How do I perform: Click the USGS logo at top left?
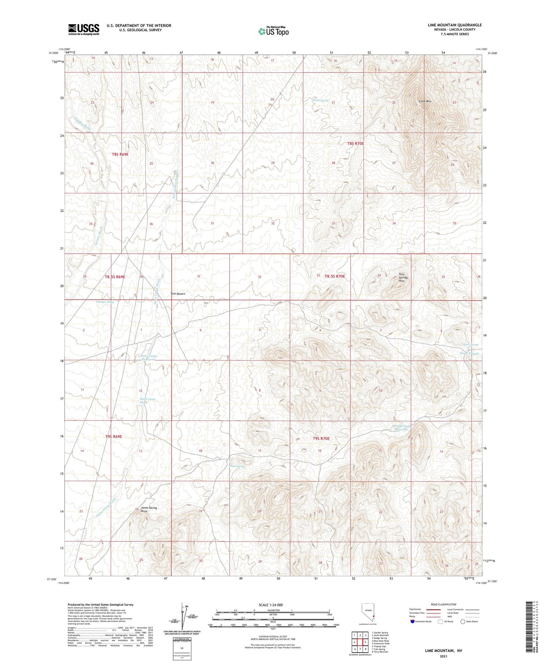[x=84, y=29]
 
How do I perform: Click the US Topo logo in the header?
[x=274, y=31]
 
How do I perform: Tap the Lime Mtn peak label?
[x=425, y=101]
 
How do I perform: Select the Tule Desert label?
[x=178, y=294]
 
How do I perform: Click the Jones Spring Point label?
[x=148, y=509]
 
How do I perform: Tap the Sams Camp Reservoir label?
[x=148, y=357]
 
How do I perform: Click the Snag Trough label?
[x=469, y=353]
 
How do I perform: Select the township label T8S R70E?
[x=355, y=144]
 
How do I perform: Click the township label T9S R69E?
[x=113, y=437]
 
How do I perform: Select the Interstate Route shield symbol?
[x=412, y=622]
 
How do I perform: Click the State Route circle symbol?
[x=463, y=622]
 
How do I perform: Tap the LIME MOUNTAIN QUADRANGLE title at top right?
[x=454, y=25]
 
